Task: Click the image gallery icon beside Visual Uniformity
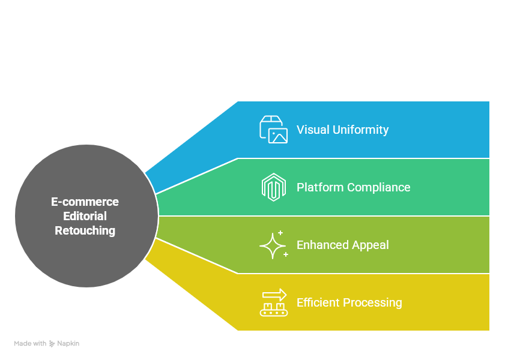(x=273, y=130)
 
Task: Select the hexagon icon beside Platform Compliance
(x=273, y=187)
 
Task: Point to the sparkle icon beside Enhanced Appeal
(x=273, y=245)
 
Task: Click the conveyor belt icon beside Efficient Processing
(x=273, y=303)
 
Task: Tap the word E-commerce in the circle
(x=85, y=202)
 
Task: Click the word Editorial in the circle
(x=85, y=216)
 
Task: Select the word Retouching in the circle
(x=85, y=230)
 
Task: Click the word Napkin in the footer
(x=68, y=344)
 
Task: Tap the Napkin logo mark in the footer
(x=52, y=344)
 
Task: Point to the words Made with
(x=30, y=344)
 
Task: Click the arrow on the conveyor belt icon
(x=274, y=295)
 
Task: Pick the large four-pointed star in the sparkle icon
(x=271, y=245)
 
